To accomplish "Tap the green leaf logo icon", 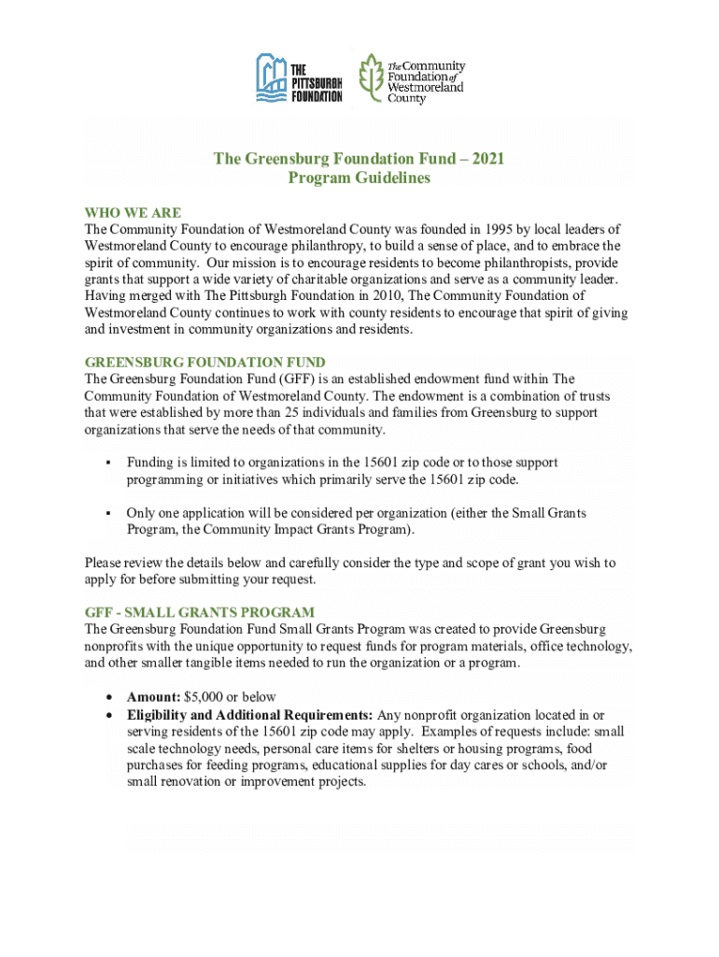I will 371,78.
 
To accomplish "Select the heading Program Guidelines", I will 359,179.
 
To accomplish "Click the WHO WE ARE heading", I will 133,213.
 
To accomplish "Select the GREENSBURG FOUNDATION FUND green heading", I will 204,362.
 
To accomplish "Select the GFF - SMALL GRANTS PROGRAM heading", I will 200,613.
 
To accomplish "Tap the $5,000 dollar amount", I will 206,697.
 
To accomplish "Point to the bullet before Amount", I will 109,698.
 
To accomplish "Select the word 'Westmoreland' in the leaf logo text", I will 426,88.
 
